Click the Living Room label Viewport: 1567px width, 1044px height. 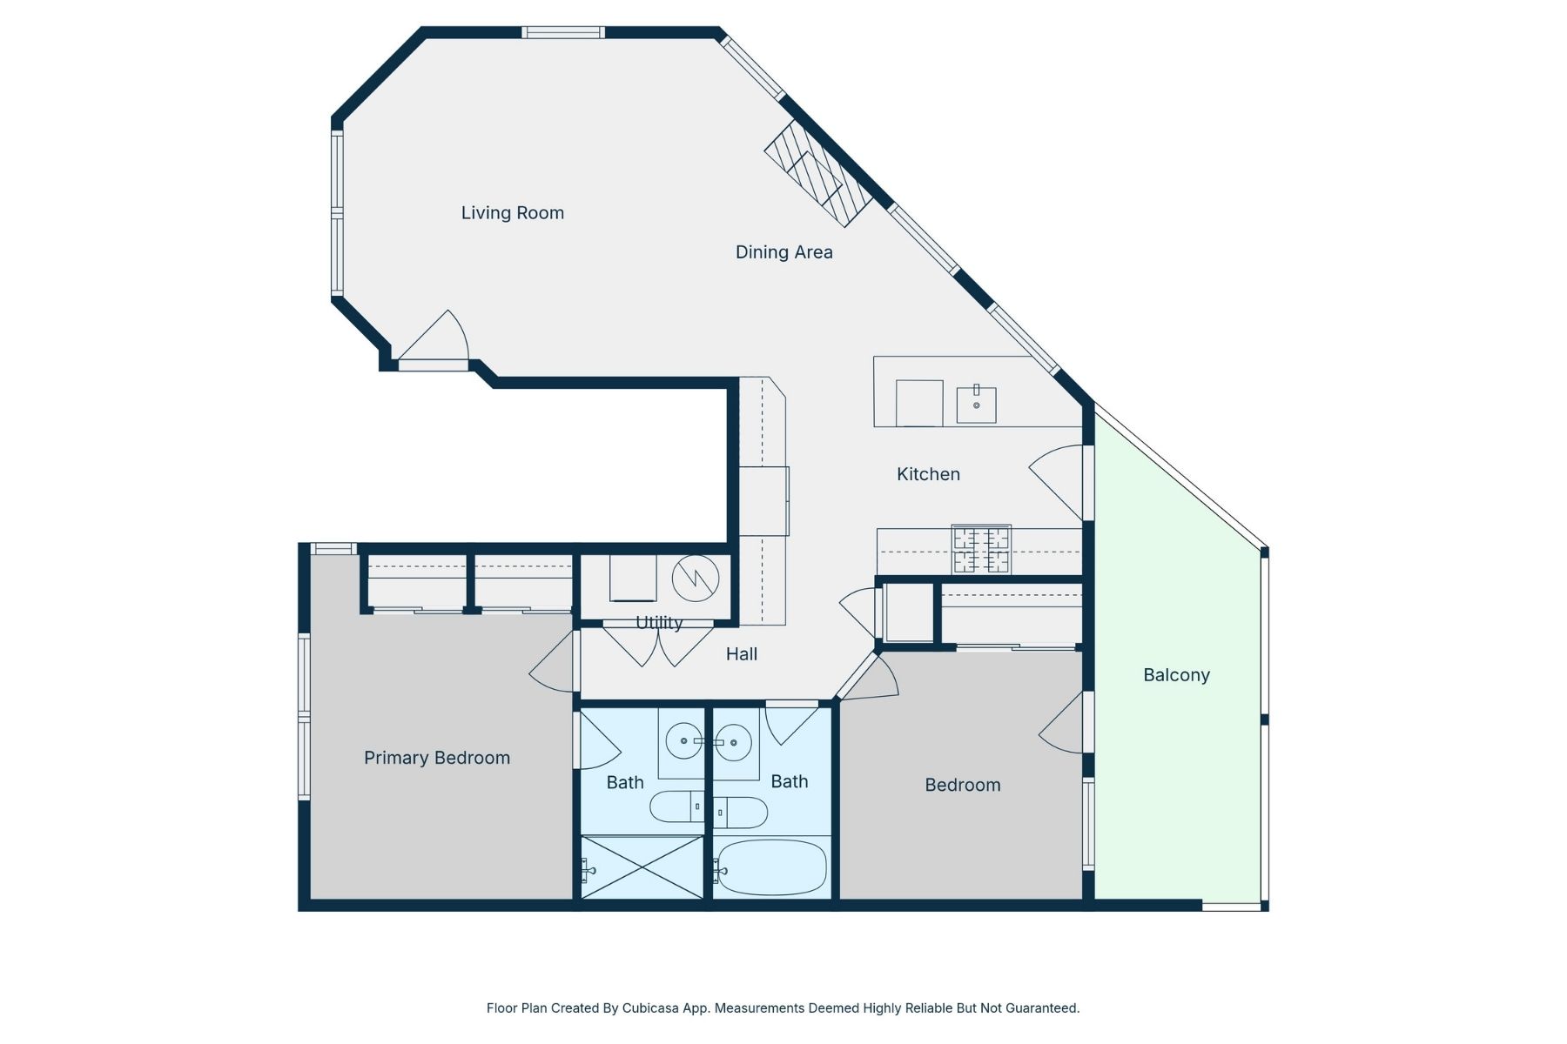coord(512,213)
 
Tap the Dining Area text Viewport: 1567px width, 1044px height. coord(783,252)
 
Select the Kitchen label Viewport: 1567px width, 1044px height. coord(928,474)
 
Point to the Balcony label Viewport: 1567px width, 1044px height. coord(1176,675)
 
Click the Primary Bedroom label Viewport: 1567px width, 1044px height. coord(436,758)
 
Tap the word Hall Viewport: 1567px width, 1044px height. coord(742,654)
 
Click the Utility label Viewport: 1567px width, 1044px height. coord(659,623)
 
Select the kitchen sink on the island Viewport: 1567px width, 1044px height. coord(976,405)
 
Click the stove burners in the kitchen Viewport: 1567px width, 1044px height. coord(981,550)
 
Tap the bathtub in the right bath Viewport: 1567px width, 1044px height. coord(772,867)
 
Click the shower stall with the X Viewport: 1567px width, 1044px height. coord(642,867)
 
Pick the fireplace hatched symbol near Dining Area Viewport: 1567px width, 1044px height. coord(818,174)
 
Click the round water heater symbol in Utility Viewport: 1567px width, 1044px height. coord(696,578)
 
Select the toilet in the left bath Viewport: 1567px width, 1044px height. coord(677,807)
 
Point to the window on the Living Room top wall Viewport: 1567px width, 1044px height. coord(563,33)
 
